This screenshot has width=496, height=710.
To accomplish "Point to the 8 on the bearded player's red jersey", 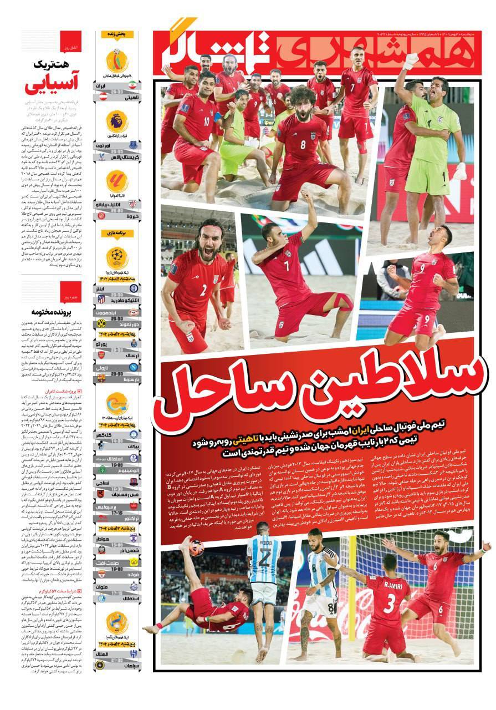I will pyautogui.click(x=303, y=145).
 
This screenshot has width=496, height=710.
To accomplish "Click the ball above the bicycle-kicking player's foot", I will pyautogui.click(x=196, y=549).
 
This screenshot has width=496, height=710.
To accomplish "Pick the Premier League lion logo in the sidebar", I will pyautogui.click(x=117, y=120).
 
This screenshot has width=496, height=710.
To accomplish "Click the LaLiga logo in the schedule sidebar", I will pyautogui.click(x=117, y=180).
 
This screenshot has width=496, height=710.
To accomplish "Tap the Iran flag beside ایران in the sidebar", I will pyautogui.click(x=132, y=84).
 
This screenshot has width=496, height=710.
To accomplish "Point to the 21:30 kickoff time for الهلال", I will pyautogui.click(x=117, y=661).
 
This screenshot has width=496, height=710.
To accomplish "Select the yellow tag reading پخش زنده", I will pyautogui.click(x=117, y=34).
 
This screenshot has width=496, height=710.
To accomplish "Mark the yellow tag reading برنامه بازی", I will pyautogui.click(x=117, y=234).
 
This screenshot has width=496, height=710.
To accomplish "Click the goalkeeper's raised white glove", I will pyautogui.click(x=410, y=59).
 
